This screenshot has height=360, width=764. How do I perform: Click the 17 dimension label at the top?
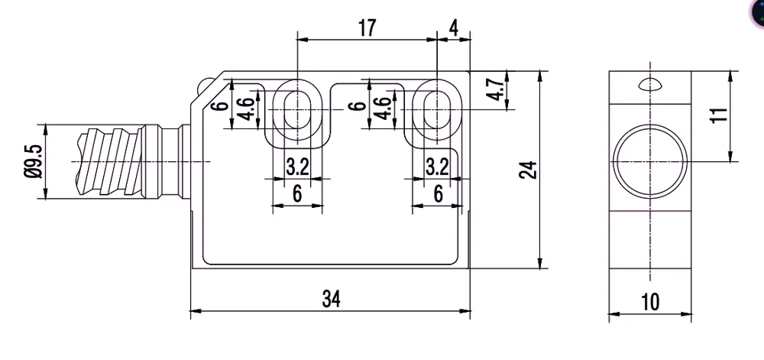click(367, 28)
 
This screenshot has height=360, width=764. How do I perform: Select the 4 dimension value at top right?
click(454, 28)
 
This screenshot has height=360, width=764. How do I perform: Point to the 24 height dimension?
click(528, 170)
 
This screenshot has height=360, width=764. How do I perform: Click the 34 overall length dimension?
click(332, 299)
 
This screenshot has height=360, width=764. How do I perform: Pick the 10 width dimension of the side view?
click(650, 302)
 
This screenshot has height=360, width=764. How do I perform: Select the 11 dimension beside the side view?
click(719, 115)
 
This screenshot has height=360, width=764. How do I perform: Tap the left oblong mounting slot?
click(297, 110)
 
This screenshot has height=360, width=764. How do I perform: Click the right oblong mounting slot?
click(437, 110)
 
